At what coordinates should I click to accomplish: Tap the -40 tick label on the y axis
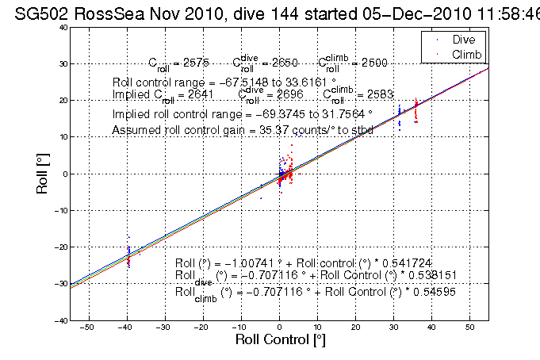pyautogui.click(x=59, y=320)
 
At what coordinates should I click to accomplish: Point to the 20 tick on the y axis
pyautogui.click(x=61, y=100)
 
